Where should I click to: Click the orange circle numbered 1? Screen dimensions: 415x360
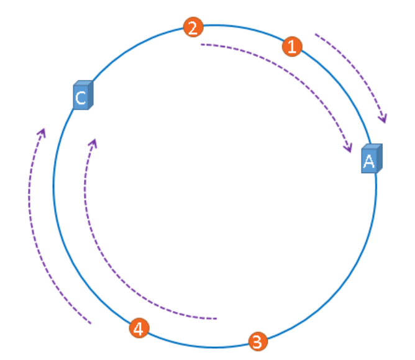pyautogui.click(x=291, y=46)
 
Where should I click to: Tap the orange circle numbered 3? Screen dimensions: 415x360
pyautogui.click(x=258, y=341)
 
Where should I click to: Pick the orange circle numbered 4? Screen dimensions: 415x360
pyautogui.click(x=139, y=328)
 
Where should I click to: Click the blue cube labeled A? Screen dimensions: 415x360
pyautogui.click(x=371, y=159)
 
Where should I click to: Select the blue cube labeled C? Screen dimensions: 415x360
pyautogui.click(x=82, y=96)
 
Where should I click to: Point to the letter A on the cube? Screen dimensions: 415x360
pyautogui.click(x=368, y=161)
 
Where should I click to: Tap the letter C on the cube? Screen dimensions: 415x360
pyautogui.click(x=80, y=98)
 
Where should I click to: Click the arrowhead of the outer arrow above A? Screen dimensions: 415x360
pyautogui.click(x=385, y=119)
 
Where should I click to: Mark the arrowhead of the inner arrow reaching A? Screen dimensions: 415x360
pyautogui.click(x=349, y=149)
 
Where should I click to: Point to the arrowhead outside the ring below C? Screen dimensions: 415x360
pyautogui.click(x=43, y=132)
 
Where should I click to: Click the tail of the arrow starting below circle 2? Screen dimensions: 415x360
pyautogui.click(x=201, y=44)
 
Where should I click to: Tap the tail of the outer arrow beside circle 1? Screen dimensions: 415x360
pyautogui.click(x=316, y=35)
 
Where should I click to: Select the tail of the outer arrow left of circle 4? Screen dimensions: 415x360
pyautogui.click(x=91, y=323)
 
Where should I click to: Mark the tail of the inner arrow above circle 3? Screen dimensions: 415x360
pyautogui.click(x=216, y=318)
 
